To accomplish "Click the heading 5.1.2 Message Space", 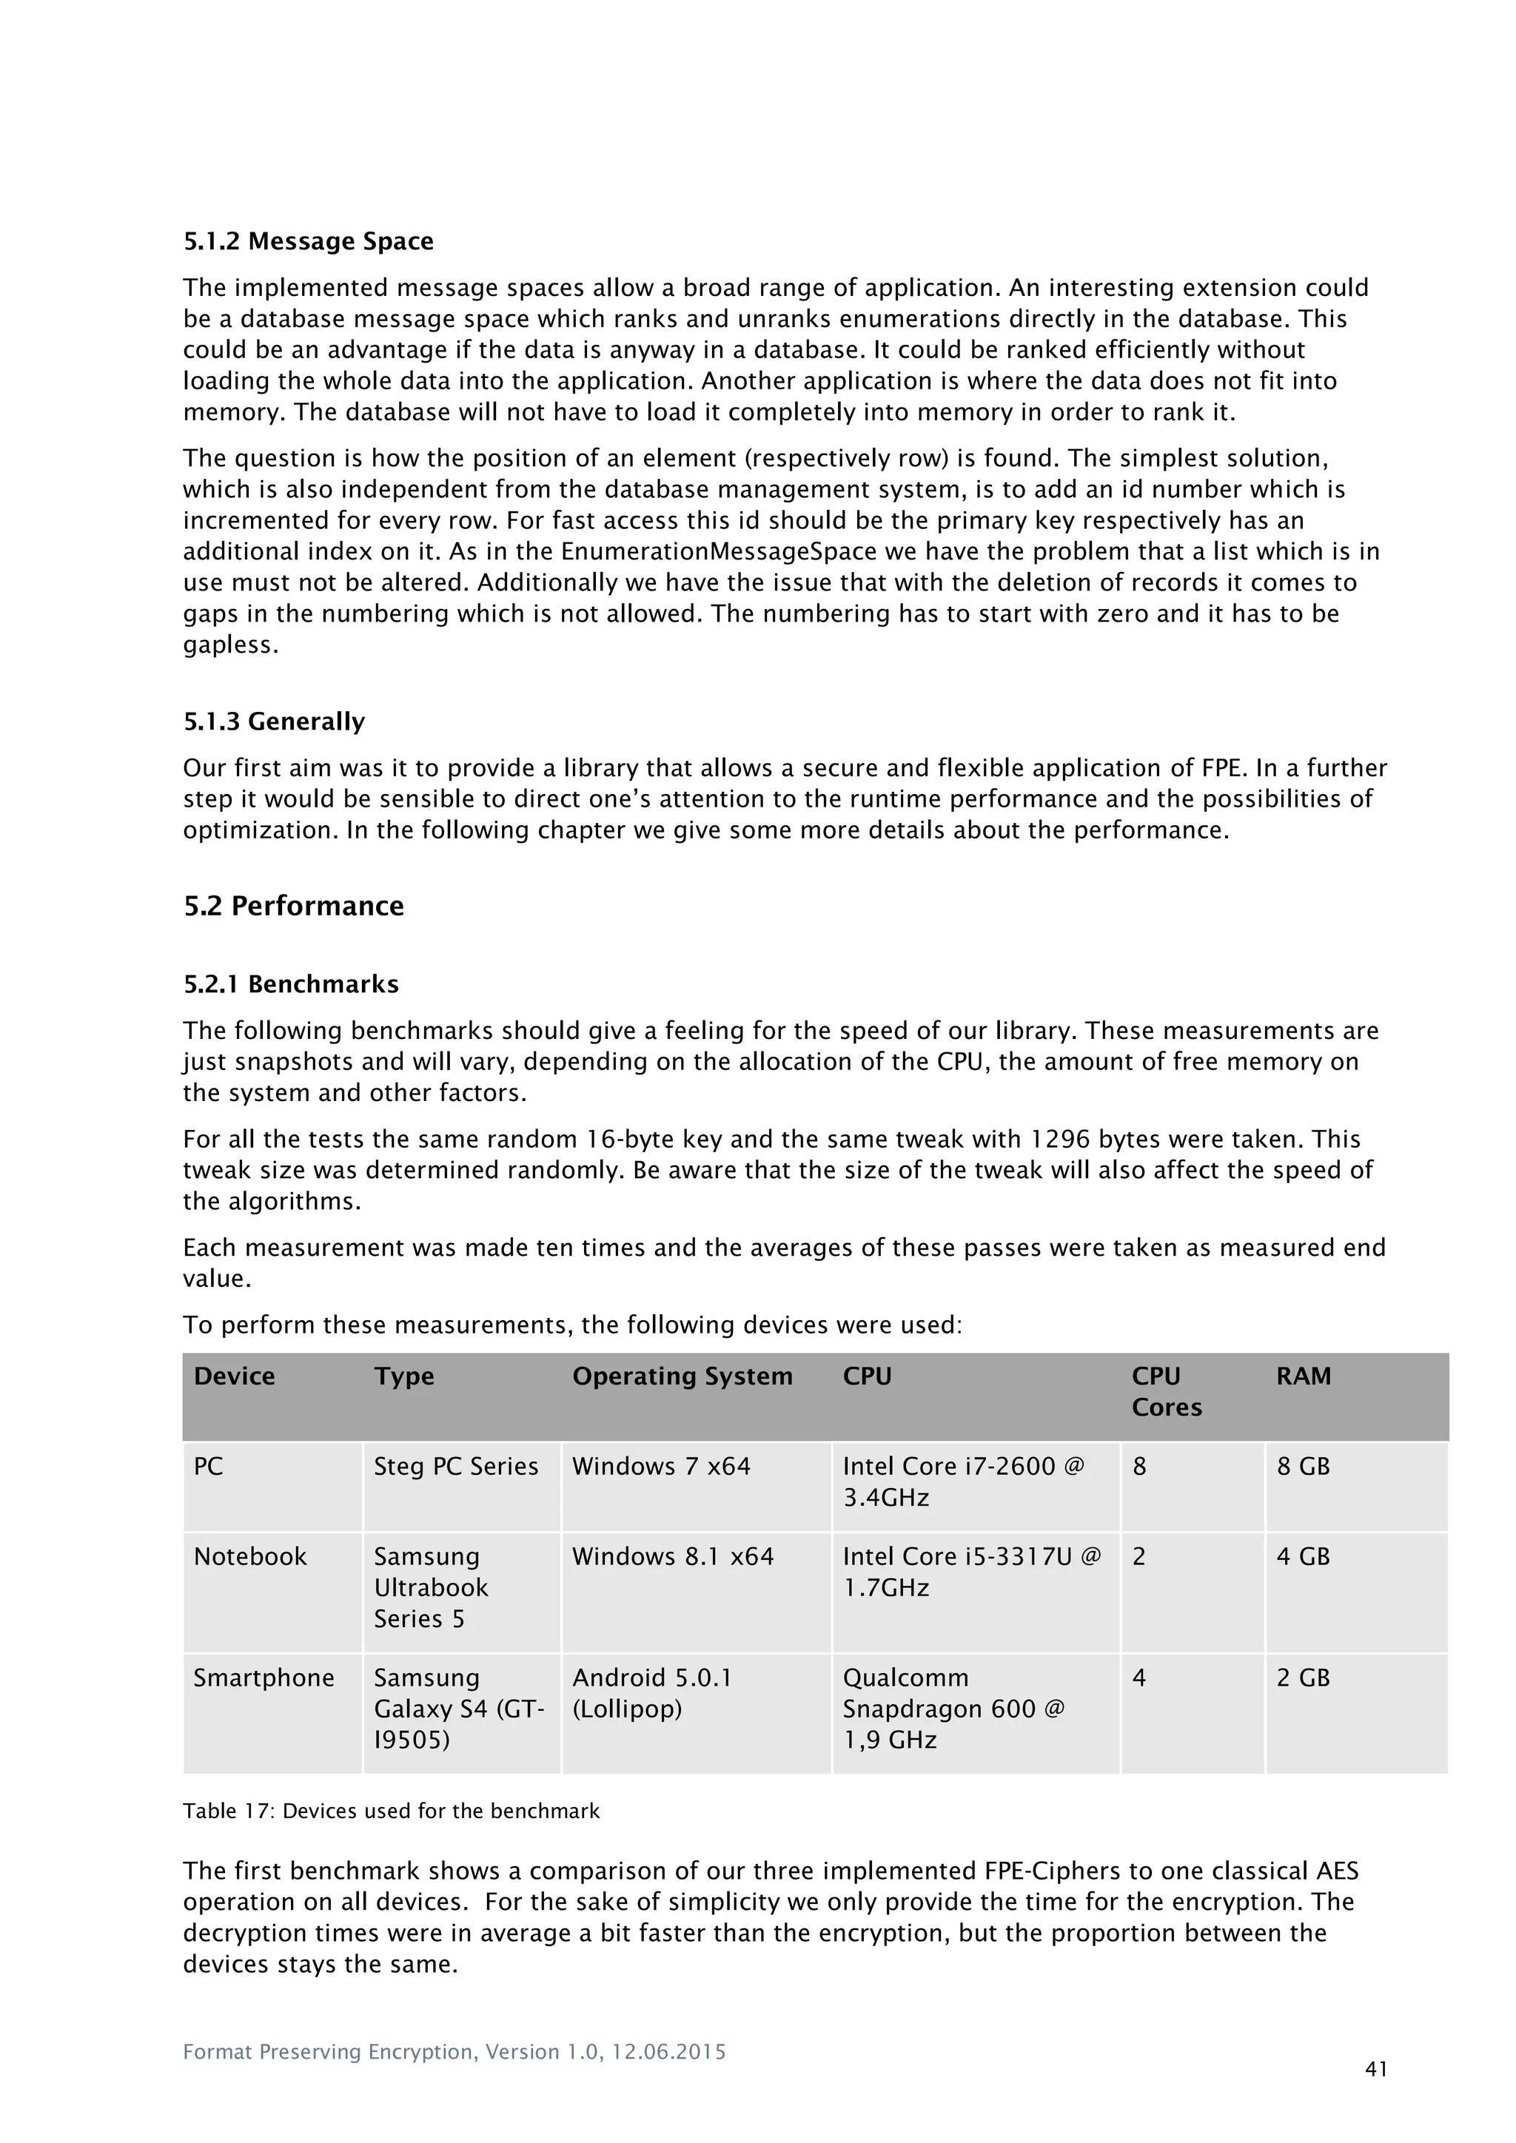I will click(308, 242).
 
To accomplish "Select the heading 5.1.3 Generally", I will click(273, 721).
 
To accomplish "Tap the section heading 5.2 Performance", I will click(293, 906).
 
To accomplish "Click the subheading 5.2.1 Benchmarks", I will click(290, 985).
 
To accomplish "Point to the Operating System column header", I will click(682, 1376).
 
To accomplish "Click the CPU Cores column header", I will click(1166, 1392).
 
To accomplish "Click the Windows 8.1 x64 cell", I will click(672, 1557).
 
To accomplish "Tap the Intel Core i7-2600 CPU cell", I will click(962, 1481).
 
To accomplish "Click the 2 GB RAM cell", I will click(1302, 1678).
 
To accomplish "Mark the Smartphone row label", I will click(264, 1678).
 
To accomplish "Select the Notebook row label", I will click(249, 1557).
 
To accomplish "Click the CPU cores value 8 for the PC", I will click(1139, 1467).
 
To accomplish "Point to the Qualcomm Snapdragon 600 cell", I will click(953, 1708).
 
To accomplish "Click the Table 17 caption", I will click(390, 1811).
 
